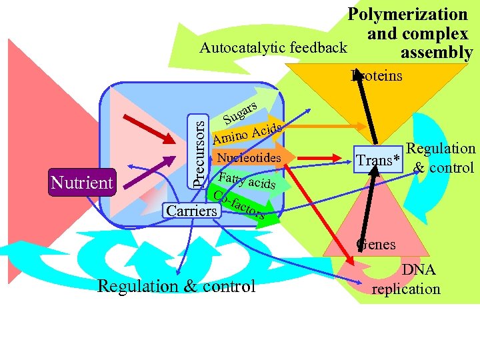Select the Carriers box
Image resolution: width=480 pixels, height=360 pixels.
[192, 211]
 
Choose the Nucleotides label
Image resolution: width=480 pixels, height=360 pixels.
[249, 158]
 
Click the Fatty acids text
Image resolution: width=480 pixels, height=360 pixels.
[247, 180]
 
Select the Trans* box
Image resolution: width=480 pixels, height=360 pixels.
[379, 160]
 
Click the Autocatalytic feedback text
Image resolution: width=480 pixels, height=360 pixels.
[273, 47]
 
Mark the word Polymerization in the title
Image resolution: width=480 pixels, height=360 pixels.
[408, 14]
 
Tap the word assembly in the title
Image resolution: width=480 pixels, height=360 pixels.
[436, 53]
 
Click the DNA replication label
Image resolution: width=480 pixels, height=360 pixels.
[407, 279]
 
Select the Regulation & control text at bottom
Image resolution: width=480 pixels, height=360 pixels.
[176, 286]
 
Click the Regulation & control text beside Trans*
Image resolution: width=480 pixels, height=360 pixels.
[443, 158]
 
